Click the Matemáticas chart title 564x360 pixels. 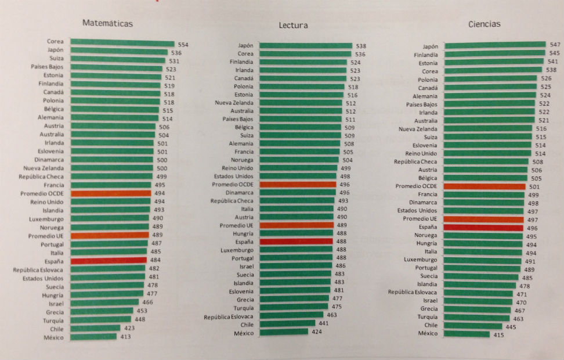coord(108,24)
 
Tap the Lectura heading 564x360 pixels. coord(293,26)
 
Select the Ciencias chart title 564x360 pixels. coord(484,24)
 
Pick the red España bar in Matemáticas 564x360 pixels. coord(108,261)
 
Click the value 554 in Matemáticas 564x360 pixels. coord(183,45)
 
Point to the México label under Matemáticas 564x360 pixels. coord(53,337)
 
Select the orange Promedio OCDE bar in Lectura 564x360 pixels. coord(298,185)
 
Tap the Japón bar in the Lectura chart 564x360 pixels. coord(305,46)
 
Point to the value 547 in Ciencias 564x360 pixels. coord(555,45)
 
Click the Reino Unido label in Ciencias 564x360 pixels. coord(421,153)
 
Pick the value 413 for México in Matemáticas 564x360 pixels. coord(125,337)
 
